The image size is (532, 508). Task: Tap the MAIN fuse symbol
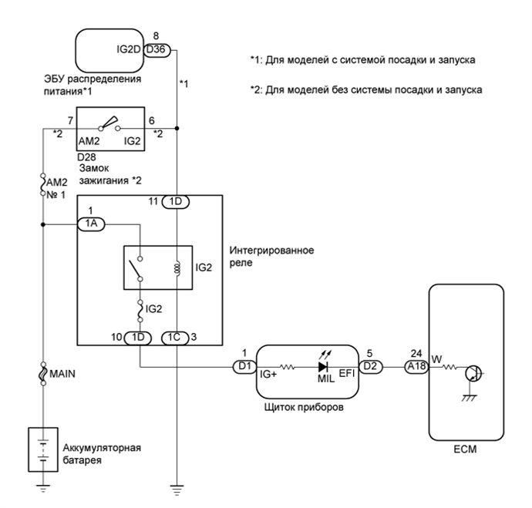coord(44,374)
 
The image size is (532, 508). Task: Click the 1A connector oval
coord(90,224)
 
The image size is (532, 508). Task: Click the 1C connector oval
coord(174,336)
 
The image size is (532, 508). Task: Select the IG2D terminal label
coord(127,50)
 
